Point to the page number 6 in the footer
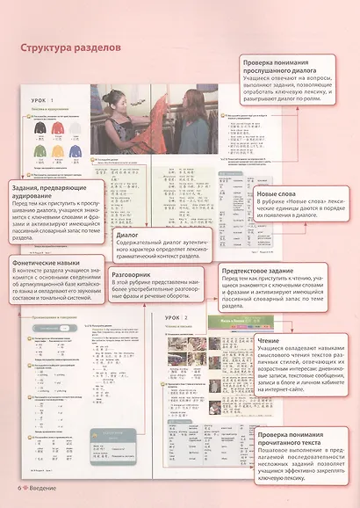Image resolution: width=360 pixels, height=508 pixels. (18, 488)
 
